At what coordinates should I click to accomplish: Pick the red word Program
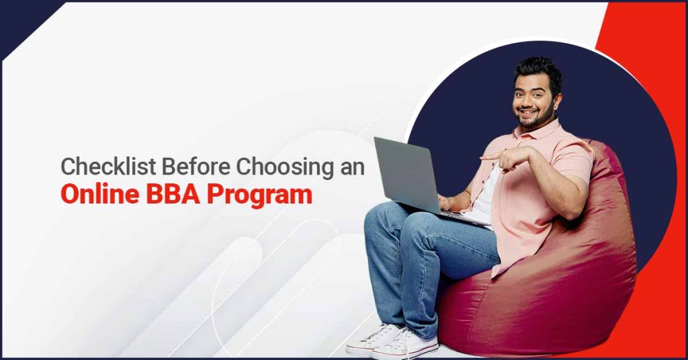[260, 195]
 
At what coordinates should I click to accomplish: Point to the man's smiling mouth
[527, 112]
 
